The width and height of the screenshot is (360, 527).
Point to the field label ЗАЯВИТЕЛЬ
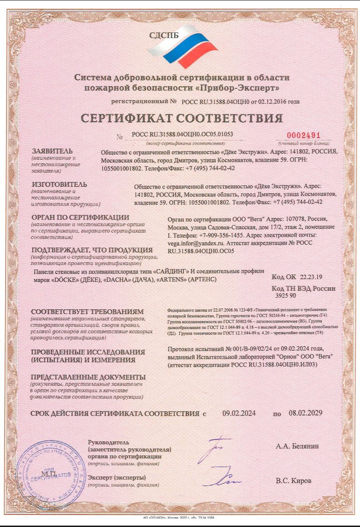point(52,152)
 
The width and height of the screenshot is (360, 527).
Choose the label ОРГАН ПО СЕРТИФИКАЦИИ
point(80,217)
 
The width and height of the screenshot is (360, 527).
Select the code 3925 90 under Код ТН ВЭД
point(286,295)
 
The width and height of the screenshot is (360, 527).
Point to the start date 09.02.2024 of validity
point(238,413)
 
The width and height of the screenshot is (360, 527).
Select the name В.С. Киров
point(293,480)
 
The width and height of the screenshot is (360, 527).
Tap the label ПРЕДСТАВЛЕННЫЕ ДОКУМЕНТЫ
point(88,377)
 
